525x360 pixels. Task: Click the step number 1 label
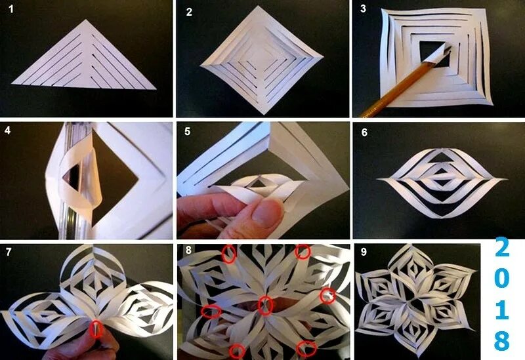pyautogui.click(x=11, y=9)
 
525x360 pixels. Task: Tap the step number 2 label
pyautogui.click(x=189, y=12)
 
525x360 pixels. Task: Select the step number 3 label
pyautogui.click(x=363, y=9)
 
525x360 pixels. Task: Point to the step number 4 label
pyautogui.click(x=7, y=130)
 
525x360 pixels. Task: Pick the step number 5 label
pyautogui.click(x=187, y=132)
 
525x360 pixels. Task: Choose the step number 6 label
pyautogui.click(x=364, y=132)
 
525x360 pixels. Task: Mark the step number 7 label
pyautogui.click(x=9, y=252)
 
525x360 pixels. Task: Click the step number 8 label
pyautogui.click(x=188, y=250)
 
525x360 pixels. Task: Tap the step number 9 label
pyautogui.click(x=364, y=252)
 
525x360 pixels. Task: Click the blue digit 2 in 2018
pyautogui.click(x=502, y=247)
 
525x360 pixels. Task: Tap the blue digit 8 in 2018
pyautogui.click(x=502, y=340)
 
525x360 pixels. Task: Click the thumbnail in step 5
pyautogui.click(x=267, y=213)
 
